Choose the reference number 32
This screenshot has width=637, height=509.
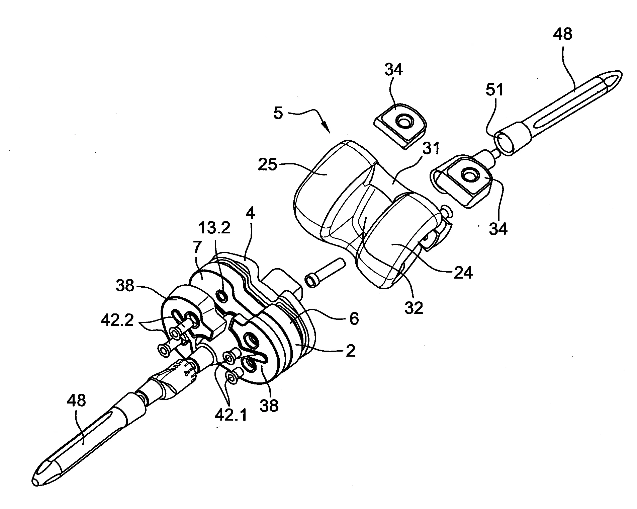414,307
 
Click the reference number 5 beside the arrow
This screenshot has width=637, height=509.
278,114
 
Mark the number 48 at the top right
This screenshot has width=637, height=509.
563,35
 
